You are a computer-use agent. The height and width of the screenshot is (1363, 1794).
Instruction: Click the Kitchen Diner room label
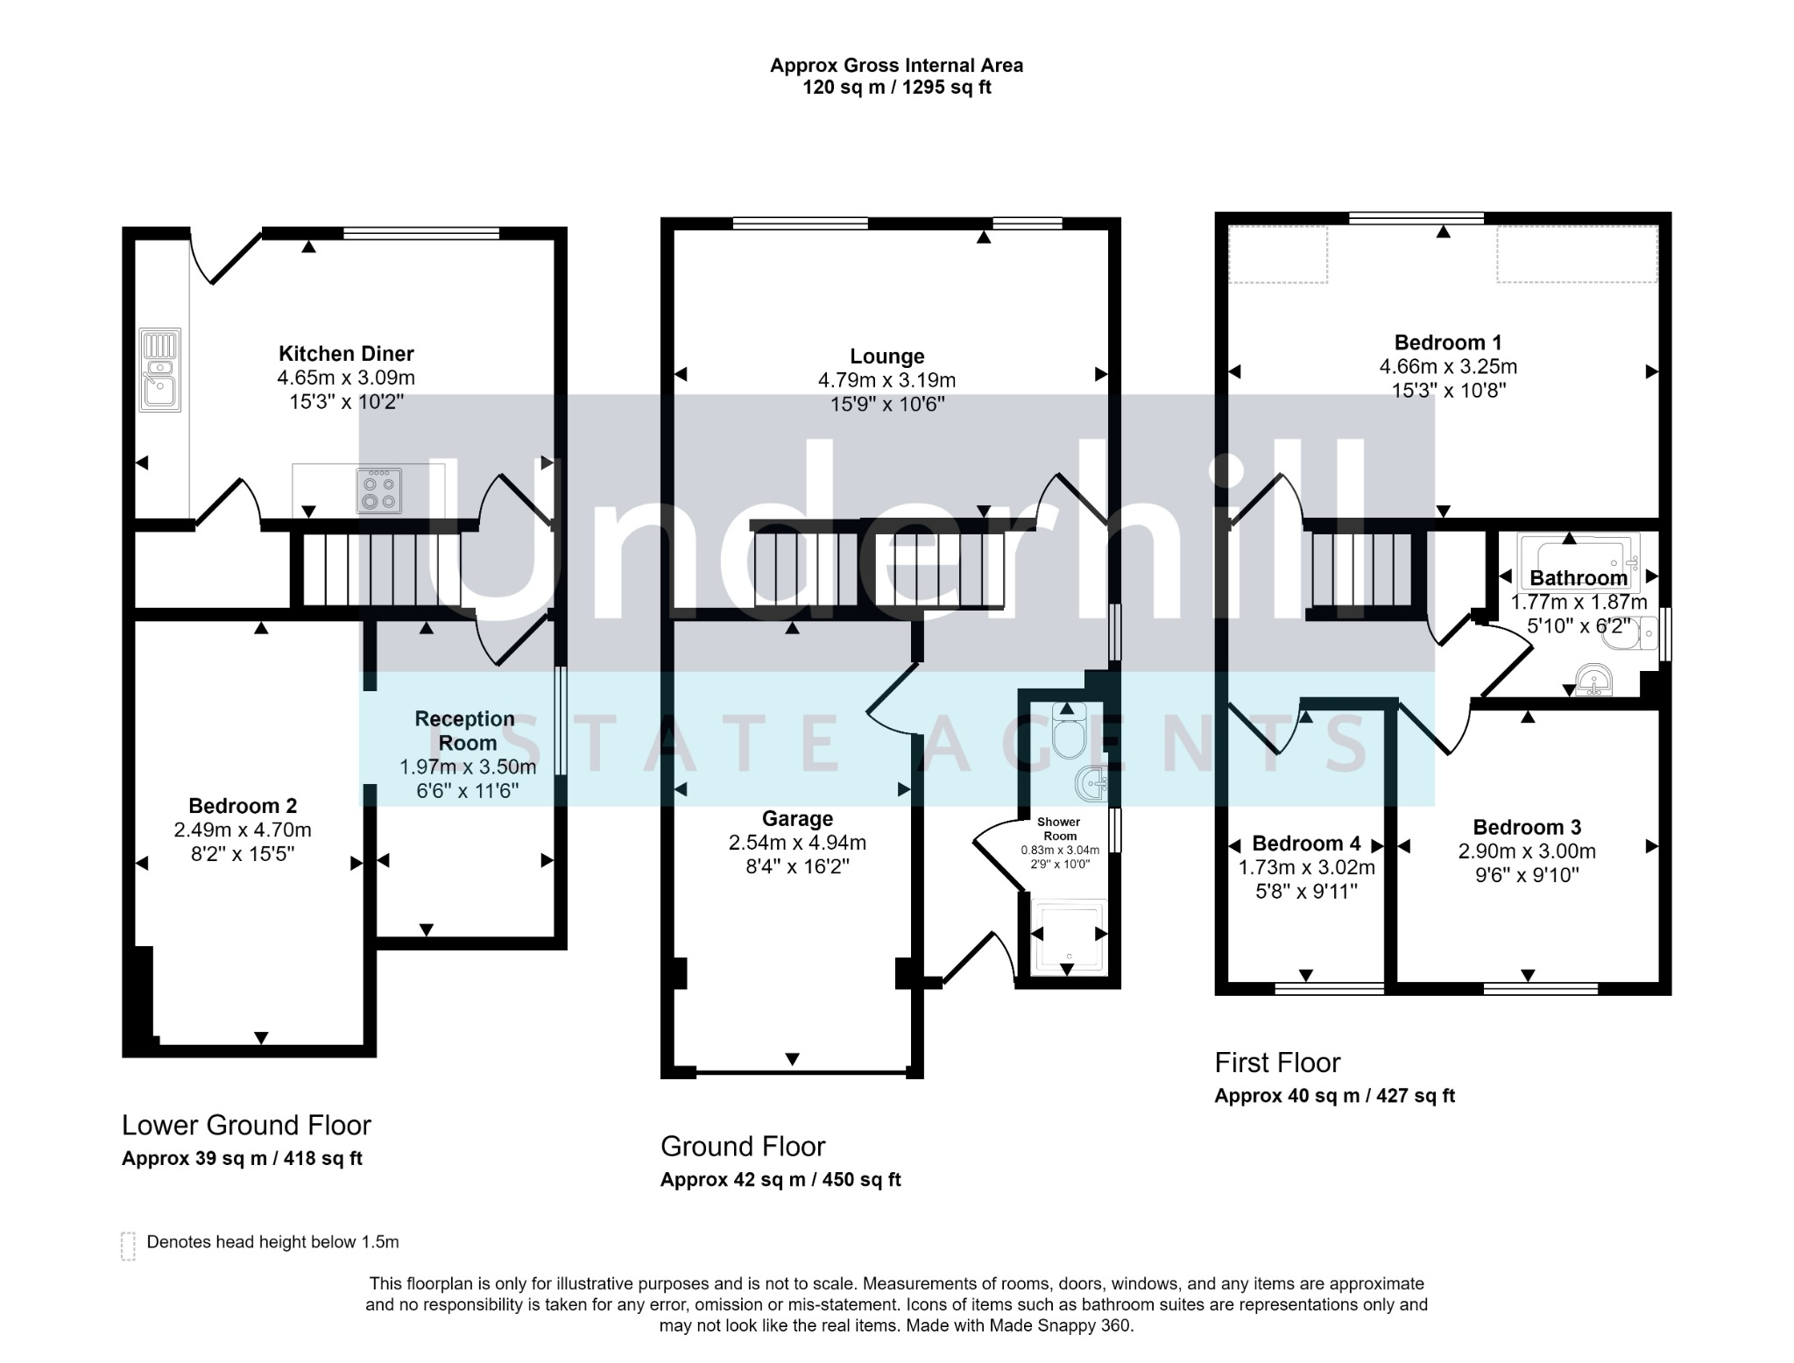click(346, 354)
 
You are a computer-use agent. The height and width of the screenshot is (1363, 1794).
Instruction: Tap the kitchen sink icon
click(159, 370)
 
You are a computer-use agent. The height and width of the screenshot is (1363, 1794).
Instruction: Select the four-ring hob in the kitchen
click(380, 491)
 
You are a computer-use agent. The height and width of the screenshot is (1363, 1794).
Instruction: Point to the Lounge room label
click(887, 357)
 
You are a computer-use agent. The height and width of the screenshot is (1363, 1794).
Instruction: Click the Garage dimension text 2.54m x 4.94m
click(797, 843)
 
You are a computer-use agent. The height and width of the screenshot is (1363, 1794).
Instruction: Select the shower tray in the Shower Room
click(1069, 936)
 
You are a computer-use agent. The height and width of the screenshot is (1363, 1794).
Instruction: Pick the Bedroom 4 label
click(1306, 844)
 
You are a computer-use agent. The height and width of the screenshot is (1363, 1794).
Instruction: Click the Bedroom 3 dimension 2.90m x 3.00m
click(1527, 851)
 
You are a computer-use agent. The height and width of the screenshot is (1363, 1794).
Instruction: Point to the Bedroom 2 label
click(243, 806)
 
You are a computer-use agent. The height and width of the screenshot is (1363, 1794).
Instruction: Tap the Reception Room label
click(465, 731)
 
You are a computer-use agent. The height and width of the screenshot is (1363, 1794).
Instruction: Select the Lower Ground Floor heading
click(246, 1125)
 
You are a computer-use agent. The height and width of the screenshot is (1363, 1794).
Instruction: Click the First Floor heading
click(1277, 1063)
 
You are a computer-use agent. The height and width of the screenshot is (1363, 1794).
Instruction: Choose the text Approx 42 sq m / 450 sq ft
click(780, 1180)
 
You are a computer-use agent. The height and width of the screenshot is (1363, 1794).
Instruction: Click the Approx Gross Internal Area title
click(896, 65)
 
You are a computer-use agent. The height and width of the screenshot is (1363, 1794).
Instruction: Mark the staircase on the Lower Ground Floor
click(382, 569)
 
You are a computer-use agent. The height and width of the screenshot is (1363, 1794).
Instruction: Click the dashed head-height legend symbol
click(128, 1246)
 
